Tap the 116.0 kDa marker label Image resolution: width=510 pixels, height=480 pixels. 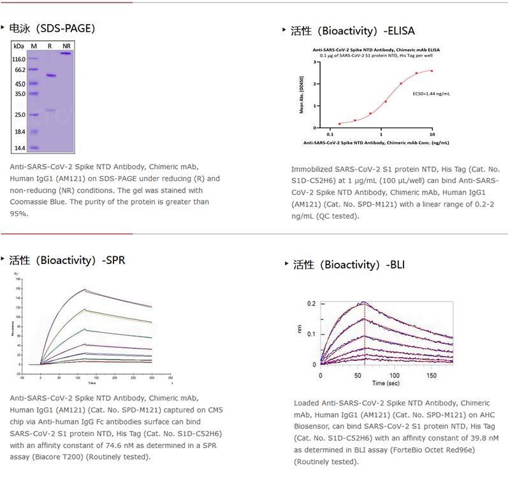(x=19, y=59)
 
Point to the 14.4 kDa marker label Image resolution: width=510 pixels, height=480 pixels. (x=19, y=148)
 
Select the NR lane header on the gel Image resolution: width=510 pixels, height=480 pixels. (x=66, y=46)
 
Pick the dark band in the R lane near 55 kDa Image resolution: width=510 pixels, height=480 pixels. (x=50, y=76)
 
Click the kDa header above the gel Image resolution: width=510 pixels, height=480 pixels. (x=18, y=46)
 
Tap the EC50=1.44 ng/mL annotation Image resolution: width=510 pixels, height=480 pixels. (x=431, y=94)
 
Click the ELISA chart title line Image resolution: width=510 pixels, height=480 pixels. (x=376, y=49)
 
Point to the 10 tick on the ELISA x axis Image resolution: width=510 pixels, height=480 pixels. (x=432, y=135)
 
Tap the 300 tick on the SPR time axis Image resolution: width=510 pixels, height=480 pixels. (x=152, y=377)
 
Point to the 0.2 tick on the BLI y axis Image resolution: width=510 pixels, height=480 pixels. (x=311, y=303)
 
